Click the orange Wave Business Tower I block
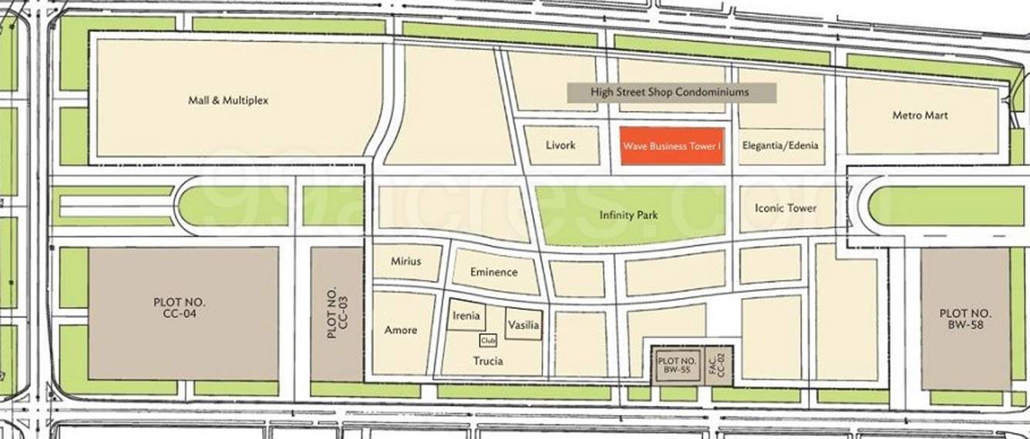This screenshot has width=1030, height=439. (x=672, y=146)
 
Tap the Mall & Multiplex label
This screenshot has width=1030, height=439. (x=228, y=100)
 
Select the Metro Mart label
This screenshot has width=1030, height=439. (x=920, y=116)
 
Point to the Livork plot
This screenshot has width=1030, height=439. (x=560, y=146)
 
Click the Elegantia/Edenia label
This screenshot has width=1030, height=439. (x=780, y=145)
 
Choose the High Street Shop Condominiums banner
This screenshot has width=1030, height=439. (x=670, y=92)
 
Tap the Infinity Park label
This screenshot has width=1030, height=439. (x=628, y=216)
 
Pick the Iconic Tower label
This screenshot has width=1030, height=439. (x=786, y=209)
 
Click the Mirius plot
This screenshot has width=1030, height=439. (x=406, y=262)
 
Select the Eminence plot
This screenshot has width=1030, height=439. (x=494, y=272)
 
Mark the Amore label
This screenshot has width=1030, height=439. (x=400, y=330)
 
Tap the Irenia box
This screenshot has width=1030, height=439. (x=466, y=316)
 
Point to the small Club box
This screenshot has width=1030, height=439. (x=487, y=340)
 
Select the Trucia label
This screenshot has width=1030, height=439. (x=487, y=361)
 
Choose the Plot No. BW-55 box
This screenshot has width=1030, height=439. (x=678, y=365)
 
